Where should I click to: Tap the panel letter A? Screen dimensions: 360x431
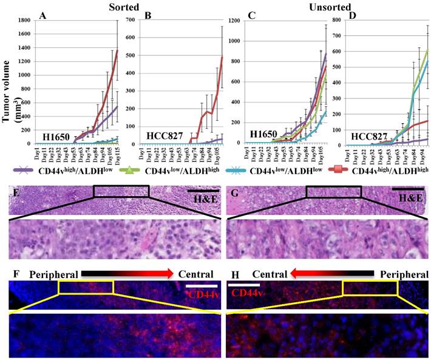click(42, 16)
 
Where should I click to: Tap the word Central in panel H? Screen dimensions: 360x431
click(271, 274)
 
